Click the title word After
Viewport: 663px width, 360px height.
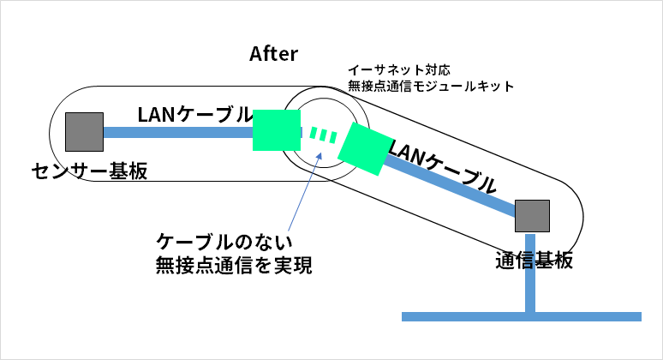coord(273,54)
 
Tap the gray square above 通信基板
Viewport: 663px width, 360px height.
coord(531,216)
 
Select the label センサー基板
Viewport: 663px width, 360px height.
coord(89,171)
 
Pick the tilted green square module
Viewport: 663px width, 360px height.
coord(364,147)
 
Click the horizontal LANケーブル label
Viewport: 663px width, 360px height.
coord(194,114)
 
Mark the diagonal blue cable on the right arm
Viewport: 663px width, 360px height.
coord(450,183)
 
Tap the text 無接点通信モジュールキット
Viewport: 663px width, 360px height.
coord(430,87)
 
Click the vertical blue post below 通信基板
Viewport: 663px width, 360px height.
coord(531,274)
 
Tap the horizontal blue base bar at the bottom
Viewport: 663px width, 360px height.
coord(522,316)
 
